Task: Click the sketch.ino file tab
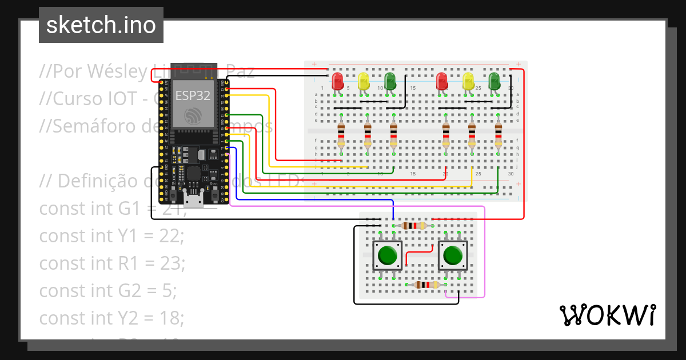[x=101, y=25]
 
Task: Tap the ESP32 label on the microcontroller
[x=193, y=95]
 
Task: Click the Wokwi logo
[x=607, y=315]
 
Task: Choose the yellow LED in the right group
[x=468, y=81]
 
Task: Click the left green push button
[x=388, y=255]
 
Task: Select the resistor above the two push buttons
[x=414, y=226]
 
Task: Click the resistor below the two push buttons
[x=426, y=285]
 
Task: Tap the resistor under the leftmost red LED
[x=341, y=136]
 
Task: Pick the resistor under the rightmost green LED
[x=498, y=136]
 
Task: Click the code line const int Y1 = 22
[x=111, y=235]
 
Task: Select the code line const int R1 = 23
[x=112, y=263]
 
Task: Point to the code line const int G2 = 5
[x=108, y=290]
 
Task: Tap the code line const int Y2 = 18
[x=111, y=318]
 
